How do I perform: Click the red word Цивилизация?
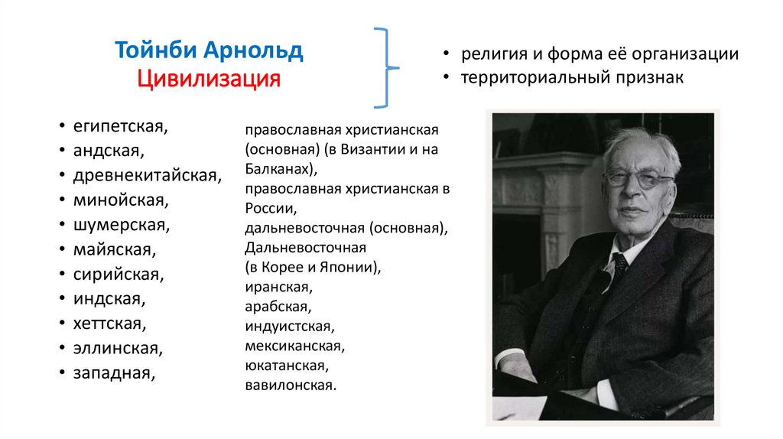tap(209, 79)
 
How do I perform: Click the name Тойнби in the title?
tap(155, 51)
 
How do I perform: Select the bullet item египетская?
tap(120, 125)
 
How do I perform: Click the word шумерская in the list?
tap(121, 225)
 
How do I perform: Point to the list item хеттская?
tap(109, 324)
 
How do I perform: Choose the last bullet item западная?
tap(114, 373)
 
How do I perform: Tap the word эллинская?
tap(117, 349)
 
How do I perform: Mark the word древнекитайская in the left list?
tap(147, 175)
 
